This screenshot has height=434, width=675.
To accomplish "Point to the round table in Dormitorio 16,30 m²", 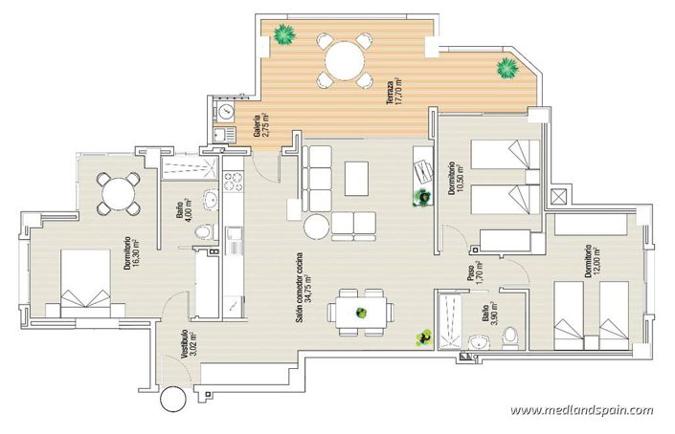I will (117, 193).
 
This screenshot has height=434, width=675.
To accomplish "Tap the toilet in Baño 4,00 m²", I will (202, 233).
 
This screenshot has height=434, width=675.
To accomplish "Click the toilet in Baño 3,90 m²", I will (511, 336).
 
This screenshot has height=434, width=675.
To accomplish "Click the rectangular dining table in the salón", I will (360, 312).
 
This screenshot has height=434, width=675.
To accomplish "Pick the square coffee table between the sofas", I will (357, 177).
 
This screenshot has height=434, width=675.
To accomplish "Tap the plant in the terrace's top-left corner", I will (283, 35).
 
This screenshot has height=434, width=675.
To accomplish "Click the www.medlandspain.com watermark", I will (582, 410).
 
